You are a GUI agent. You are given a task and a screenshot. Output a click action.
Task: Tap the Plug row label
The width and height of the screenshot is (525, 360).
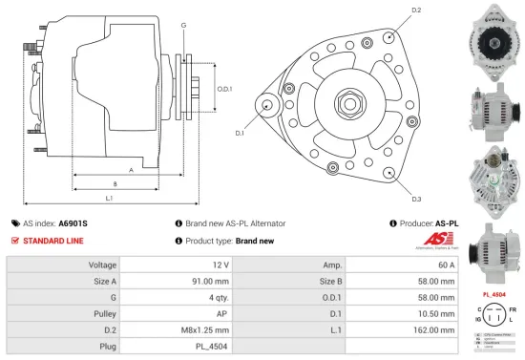106,346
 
